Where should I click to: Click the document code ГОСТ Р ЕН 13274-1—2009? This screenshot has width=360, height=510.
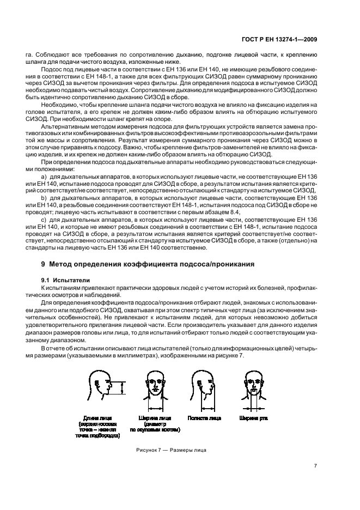(279, 39)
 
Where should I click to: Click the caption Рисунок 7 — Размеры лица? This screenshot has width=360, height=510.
(170, 450)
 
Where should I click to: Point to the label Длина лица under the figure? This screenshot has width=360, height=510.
(96, 418)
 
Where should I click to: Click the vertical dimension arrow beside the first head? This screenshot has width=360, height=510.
(123, 388)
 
